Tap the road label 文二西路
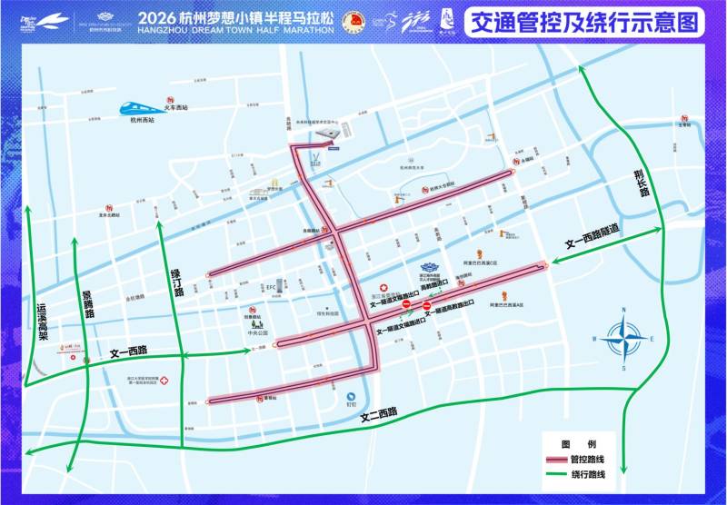[x=381, y=418]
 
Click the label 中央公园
[x=257, y=332]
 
